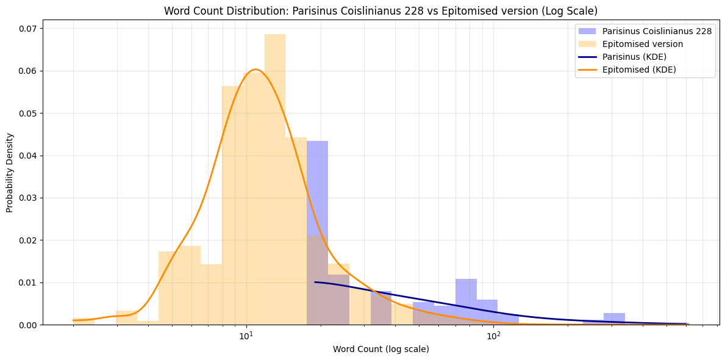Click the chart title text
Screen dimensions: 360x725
coord(381,11)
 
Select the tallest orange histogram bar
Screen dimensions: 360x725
coord(274,177)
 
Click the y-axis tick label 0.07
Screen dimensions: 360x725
coord(27,29)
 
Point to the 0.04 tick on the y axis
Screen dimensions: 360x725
coord(27,156)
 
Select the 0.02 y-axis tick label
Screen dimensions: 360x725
coord(27,240)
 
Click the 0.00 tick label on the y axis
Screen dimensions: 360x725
coord(27,325)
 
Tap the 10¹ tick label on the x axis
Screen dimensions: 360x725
coord(246,336)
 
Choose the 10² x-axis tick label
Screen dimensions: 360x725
coord(493,336)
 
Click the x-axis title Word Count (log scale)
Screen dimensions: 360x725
coord(380,349)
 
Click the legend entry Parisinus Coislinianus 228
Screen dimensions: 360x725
coord(657,31)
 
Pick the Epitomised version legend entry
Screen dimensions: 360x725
coord(643,44)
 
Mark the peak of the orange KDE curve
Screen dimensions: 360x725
coord(256,70)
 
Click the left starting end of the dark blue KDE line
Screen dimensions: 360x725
coord(315,282)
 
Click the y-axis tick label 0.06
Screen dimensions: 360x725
coord(27,71)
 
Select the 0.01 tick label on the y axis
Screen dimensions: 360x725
coord(27,283)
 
